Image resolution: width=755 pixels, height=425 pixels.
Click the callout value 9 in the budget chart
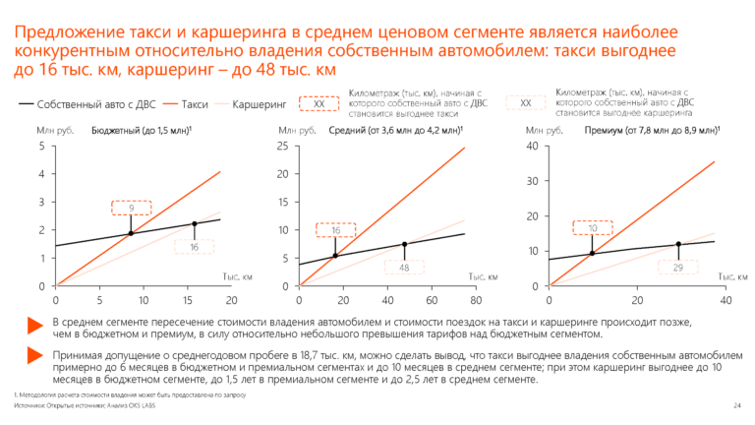pyautogui.click(x=130, y=208)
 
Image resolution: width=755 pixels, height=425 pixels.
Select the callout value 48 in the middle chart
pyautogui.click(x=404, y=268)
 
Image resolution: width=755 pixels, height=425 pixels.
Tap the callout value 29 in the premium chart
pyautogui.click(x=678, y=269)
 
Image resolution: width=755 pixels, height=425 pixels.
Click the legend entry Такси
pyautogui.click(x=196, y=102)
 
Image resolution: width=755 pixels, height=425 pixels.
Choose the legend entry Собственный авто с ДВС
pyautogui.click(x=88, y=102)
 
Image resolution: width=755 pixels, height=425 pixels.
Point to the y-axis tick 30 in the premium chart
pyautogui.click(x=532, y=181)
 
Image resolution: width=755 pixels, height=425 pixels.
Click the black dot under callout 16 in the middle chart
pyautogui.click(x=335, y=256)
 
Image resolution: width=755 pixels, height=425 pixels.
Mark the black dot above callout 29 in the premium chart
pyautogui.click(x=678, y=244)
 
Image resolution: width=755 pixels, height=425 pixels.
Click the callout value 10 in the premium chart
pyautogui.click(x=593, y=228)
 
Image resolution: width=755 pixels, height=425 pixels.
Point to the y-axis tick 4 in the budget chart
pyautogui.click(x=41, y=174)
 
